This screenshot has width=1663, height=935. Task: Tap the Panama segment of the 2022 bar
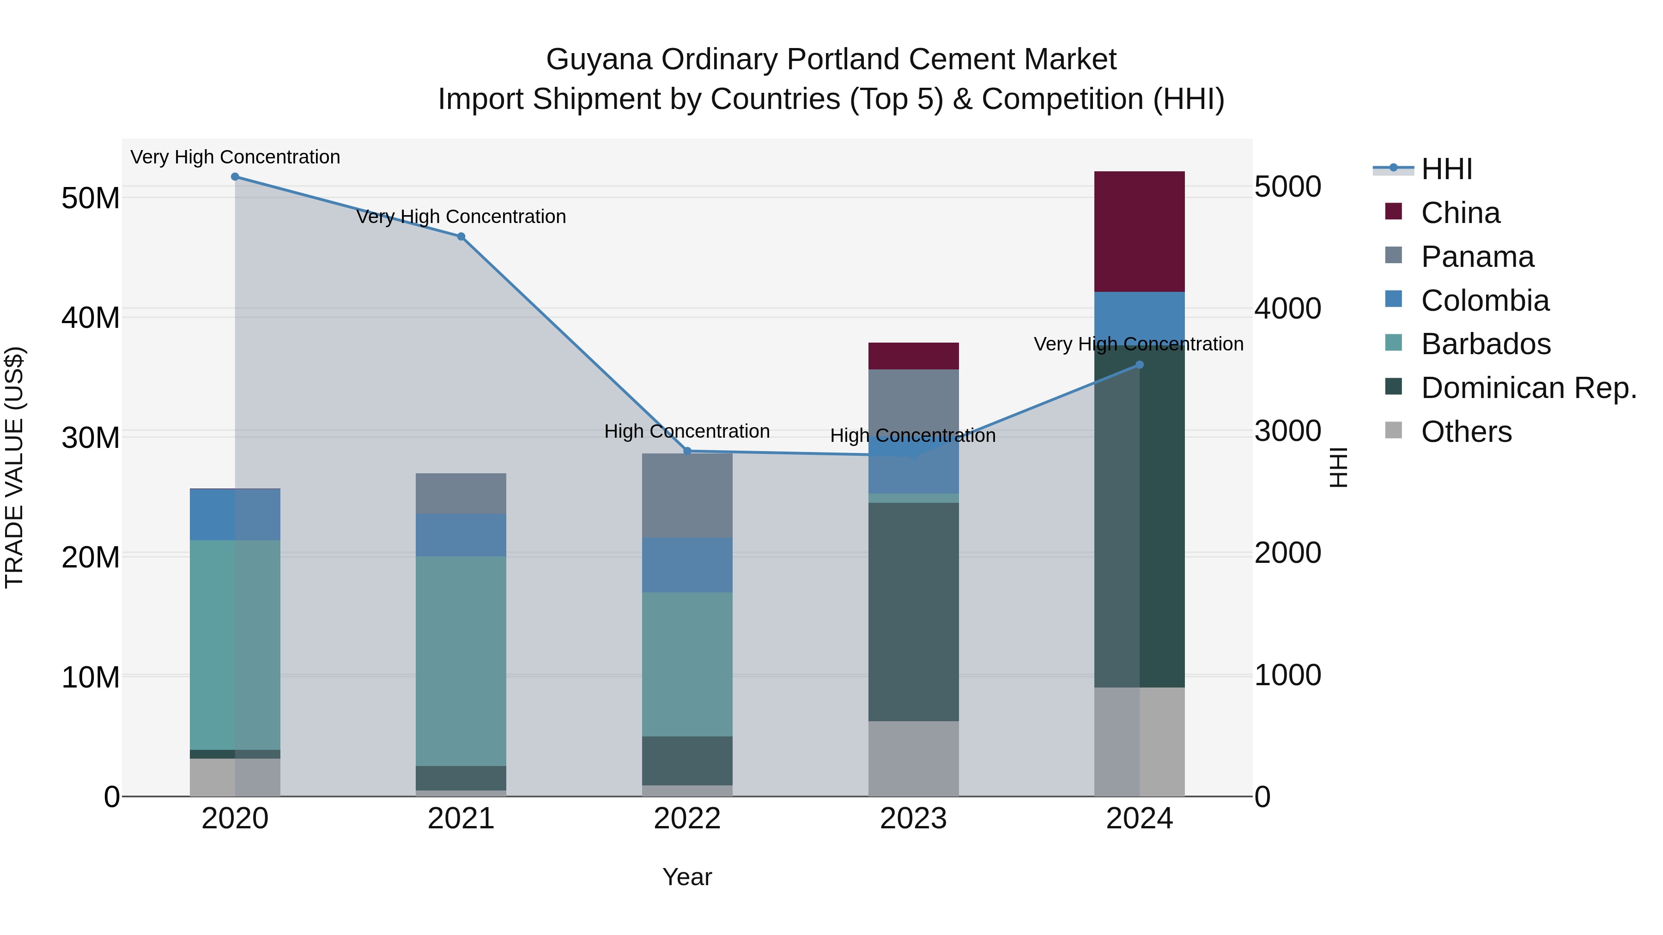coord(687,495)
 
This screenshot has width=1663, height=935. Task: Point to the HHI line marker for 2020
coord(235,177)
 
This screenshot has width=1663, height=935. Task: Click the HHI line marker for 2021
coord(461,237)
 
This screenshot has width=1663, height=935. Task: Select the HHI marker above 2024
coord(1140,365)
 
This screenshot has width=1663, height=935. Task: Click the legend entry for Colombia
coord(1484,301)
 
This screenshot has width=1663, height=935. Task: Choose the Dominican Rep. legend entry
coord(1528,388)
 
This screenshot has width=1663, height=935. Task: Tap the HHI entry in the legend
coord(1446,169)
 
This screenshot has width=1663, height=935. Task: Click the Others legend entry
coord(1465,432)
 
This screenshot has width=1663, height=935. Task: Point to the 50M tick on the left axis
coord(91,198)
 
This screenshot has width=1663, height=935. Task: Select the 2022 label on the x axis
coord(687,819)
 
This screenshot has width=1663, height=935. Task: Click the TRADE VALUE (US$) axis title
coord(14,467)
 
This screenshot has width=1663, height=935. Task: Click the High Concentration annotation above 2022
coord(687,431)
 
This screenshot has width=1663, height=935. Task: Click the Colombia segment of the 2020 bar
coord(235,514)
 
